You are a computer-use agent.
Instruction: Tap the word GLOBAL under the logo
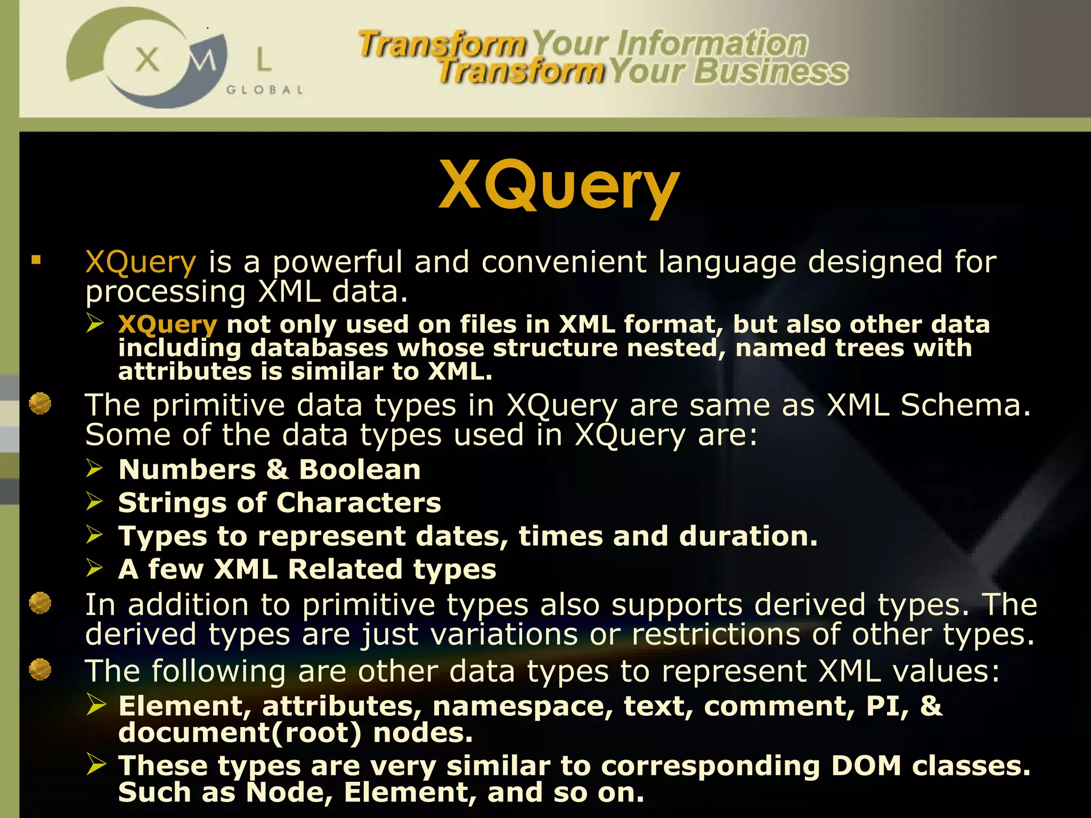click(264, 90)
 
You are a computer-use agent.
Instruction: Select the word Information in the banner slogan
click(712, 44)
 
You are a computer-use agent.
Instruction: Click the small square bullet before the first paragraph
click(36, 260)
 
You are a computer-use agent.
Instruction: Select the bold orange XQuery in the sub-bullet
click(167, 324)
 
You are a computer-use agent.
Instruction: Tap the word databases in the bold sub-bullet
click(319, 348)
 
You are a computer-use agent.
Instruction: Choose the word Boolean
click(360, 470)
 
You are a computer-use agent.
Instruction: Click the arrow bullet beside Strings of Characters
click(95, 501)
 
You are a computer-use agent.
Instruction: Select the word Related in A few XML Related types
click(345, 569)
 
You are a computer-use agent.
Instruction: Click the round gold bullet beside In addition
click(40, 603)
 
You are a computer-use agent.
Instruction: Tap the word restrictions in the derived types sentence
click(715, 635)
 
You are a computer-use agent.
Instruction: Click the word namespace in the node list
click(522, 706)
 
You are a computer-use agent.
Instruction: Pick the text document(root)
click(240, 733)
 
